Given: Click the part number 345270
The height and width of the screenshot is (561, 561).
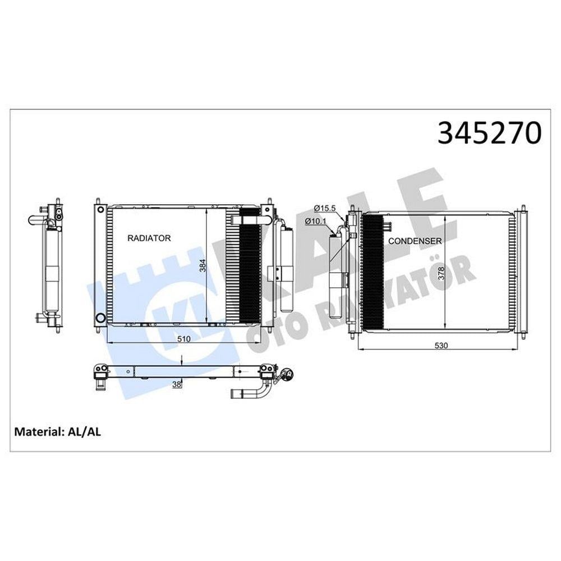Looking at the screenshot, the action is [x=489, y=133].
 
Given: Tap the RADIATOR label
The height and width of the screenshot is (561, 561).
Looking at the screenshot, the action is [x=149, y=238].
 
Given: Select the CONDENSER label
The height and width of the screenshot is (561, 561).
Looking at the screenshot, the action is [x=415, y=241].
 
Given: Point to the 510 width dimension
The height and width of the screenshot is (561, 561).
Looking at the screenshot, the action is [x=183, y=339].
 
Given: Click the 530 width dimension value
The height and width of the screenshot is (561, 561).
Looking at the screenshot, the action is [x=441, y=346].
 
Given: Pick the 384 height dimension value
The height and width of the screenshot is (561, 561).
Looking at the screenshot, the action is [x=203, y=265].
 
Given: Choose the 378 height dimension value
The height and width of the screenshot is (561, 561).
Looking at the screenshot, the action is [x=441, y=273].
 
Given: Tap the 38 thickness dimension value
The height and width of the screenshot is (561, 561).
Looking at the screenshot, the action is [x=177, y=385].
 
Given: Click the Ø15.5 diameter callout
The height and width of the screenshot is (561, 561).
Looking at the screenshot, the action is [x=324, y=208].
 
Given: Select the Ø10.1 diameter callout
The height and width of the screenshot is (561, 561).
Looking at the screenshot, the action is [x=315, y=222].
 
